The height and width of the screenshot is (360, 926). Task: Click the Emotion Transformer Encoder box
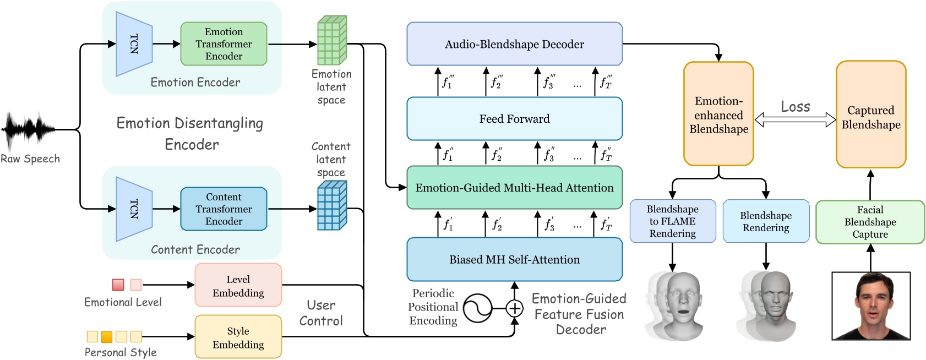[224, 44]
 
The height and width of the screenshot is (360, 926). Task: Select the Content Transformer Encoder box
[224, 209]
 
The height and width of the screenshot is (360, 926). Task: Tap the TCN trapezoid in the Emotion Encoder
[134, 44]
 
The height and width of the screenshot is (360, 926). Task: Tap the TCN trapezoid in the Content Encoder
[134, 209]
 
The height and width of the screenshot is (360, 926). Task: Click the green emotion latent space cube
[332, 40]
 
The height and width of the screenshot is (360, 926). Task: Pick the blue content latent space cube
[332, 205]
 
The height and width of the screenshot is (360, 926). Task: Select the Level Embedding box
[238, 285]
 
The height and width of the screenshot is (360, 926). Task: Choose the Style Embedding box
[238, 337]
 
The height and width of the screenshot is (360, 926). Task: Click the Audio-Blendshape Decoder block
[514, 44]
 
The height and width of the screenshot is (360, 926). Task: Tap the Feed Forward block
[514, 119]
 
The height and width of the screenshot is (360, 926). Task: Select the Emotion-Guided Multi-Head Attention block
[514, 188]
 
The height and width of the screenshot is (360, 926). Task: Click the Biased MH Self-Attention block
[514, 259]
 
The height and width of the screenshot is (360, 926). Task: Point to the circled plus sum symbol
[514, 308]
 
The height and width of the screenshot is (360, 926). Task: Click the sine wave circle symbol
[477, 308]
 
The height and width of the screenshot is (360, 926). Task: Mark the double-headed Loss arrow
[795, 119]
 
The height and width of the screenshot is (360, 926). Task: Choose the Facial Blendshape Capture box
[870, 222]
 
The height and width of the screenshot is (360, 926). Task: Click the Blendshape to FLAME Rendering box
[672, 221]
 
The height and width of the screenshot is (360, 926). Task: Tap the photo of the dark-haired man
[870, 306]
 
